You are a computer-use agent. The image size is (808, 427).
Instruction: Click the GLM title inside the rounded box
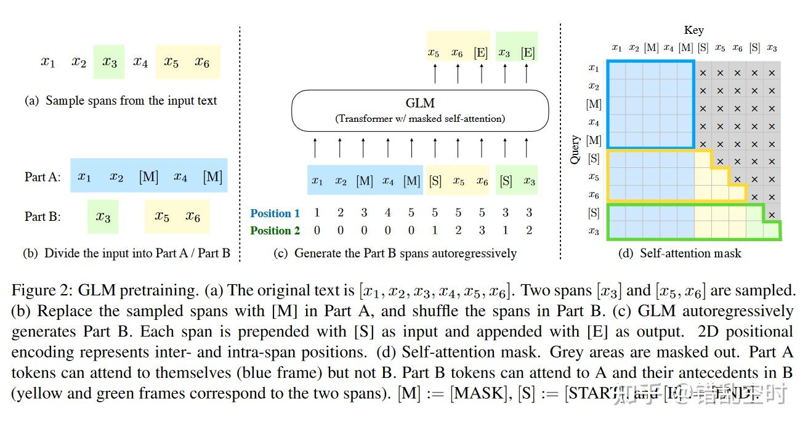point(420,103)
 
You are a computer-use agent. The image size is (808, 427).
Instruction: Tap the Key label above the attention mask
point(693,30)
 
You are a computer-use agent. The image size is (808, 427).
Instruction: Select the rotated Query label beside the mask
point(575,150)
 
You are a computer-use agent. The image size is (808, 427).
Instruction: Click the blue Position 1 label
point(275,213)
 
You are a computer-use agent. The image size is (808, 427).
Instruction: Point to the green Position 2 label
point(275,231)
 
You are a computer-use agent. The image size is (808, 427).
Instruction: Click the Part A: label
point(42,177)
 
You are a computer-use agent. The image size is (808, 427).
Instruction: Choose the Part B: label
point(42,217)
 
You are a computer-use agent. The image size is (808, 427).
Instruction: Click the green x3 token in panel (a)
point(110,62)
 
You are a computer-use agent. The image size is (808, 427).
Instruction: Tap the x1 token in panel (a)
point(48,62)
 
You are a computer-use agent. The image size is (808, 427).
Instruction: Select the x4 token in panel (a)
point(140,62)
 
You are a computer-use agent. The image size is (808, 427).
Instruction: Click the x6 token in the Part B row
point(193,217)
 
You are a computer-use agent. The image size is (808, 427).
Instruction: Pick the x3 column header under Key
point(772,48)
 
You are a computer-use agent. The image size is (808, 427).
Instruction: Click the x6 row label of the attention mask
point(593,195)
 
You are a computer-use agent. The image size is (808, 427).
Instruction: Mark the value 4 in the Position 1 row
point(387,213)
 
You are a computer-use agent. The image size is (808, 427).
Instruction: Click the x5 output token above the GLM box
point(434,53)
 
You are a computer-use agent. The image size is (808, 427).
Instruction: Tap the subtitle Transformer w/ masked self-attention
point(420,119)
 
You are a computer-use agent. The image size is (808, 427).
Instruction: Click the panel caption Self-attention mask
point(690,253)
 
